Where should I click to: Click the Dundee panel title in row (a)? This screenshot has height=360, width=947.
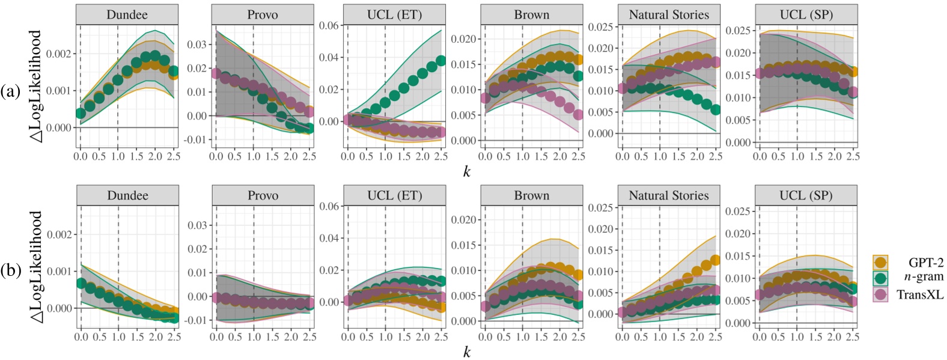[x=127, y=14]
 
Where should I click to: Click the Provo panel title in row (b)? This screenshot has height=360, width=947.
[x=263, y=195]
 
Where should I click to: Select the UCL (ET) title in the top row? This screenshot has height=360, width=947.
[x=394, y=14]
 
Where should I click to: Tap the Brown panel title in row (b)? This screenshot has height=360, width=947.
[x=531, y=195]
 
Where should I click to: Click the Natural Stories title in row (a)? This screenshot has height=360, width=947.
[x=669, y=14]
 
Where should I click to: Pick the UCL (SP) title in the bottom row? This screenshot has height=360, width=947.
[x=805, y=195]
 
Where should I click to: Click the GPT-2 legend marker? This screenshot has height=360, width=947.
[x=881, y=262]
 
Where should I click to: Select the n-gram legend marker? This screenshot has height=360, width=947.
[x=881, y=278]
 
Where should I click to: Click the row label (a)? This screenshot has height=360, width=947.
[x=10, y=91]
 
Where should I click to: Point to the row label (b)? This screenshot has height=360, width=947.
[x=10, y=271]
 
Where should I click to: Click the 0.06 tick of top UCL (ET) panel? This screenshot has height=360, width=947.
[x=329, y=25]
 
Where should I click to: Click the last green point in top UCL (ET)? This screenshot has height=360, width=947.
[x=440, y=61]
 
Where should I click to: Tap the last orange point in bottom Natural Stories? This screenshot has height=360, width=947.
[x=715, y=261]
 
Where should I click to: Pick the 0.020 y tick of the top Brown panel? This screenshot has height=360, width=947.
[x=463, y=39]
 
